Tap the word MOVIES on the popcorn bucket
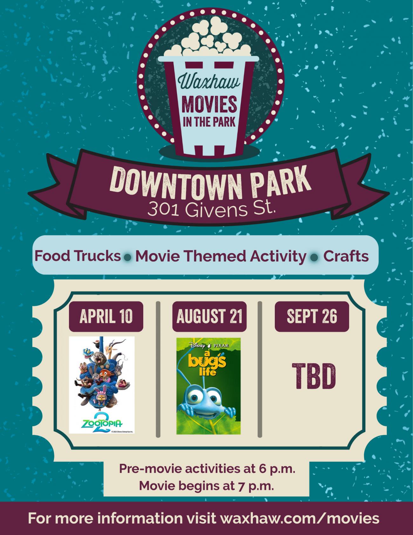click(x=209, y=105)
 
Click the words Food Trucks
click(x=78, y=256)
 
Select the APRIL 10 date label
click(x=106, y=316)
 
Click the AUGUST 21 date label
click(x=209, y=316)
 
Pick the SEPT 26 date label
click(x=312, y=316)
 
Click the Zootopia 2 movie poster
click(x=102, y=385)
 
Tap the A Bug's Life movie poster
click(x=208, y=386)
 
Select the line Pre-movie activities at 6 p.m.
click(x=207, y=469)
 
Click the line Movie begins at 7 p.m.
click(x=207, y=486)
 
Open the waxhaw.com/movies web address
click(x=300, y=518)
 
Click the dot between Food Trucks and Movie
click(x=128, y=257)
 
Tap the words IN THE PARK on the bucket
click(x=209, y=122)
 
